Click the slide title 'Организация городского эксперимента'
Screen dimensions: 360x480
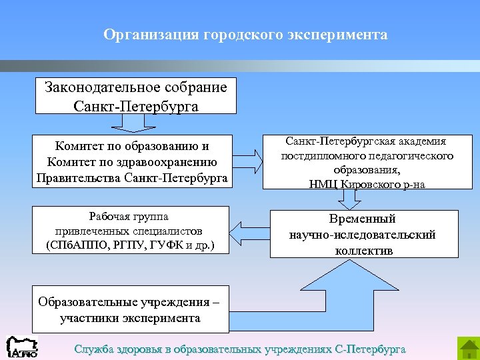[x=245, y=34]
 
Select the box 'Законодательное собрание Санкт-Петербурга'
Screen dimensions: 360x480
[x=135, y=97]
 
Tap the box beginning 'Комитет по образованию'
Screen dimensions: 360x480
[x=131, y=162]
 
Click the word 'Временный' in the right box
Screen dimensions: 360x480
[x=363, y=219]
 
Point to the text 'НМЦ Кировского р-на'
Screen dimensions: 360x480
[x=367, y=185]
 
